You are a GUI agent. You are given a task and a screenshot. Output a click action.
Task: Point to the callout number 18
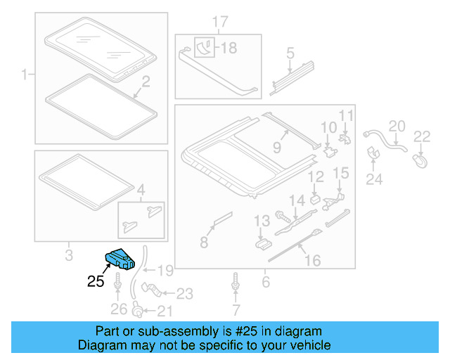point(229,48)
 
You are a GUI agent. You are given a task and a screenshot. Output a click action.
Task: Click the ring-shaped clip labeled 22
point(420,161)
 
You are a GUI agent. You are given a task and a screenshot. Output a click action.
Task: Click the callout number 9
point(276,148)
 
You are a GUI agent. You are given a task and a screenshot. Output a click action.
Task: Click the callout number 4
point(141,189)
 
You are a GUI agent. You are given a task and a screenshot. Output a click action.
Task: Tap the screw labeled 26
point(117,288)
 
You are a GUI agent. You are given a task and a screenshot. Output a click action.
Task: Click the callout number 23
point(184,294)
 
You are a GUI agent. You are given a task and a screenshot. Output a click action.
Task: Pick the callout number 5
point(290,53)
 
